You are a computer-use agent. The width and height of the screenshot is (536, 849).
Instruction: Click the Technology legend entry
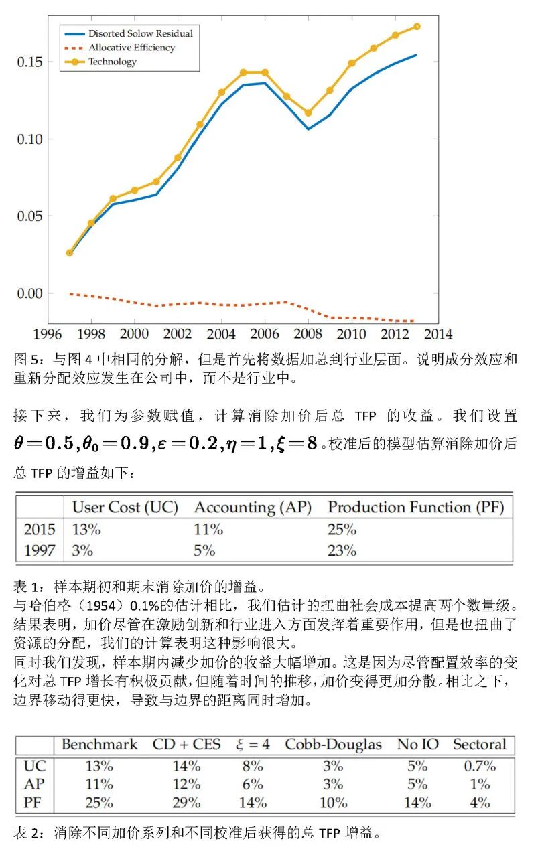click(113, 62)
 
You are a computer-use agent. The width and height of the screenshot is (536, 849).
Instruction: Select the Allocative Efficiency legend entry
click(131, 48)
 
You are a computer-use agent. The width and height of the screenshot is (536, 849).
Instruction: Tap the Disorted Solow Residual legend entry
click(140, 33)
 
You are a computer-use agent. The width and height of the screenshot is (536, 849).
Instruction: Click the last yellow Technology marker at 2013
click(417, 27)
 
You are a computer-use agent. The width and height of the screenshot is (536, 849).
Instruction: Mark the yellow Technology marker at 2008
click(308, 113)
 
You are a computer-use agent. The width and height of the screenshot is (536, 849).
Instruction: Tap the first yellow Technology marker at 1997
click(70, 253)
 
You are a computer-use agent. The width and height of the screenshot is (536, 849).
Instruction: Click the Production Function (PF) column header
click(415, 508)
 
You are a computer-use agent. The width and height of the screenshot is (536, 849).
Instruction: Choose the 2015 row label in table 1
click(40, 530)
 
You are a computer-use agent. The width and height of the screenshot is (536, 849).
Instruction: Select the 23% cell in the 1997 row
click(342, 551)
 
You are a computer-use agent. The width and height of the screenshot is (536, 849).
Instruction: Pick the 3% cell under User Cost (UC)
click(82, 551)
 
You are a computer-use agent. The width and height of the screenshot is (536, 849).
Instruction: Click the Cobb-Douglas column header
click(333, 745)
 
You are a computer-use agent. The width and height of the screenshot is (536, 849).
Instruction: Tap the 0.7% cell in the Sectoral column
click(480, 766)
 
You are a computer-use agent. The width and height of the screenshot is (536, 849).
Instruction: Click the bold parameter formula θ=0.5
click(44, 444)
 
